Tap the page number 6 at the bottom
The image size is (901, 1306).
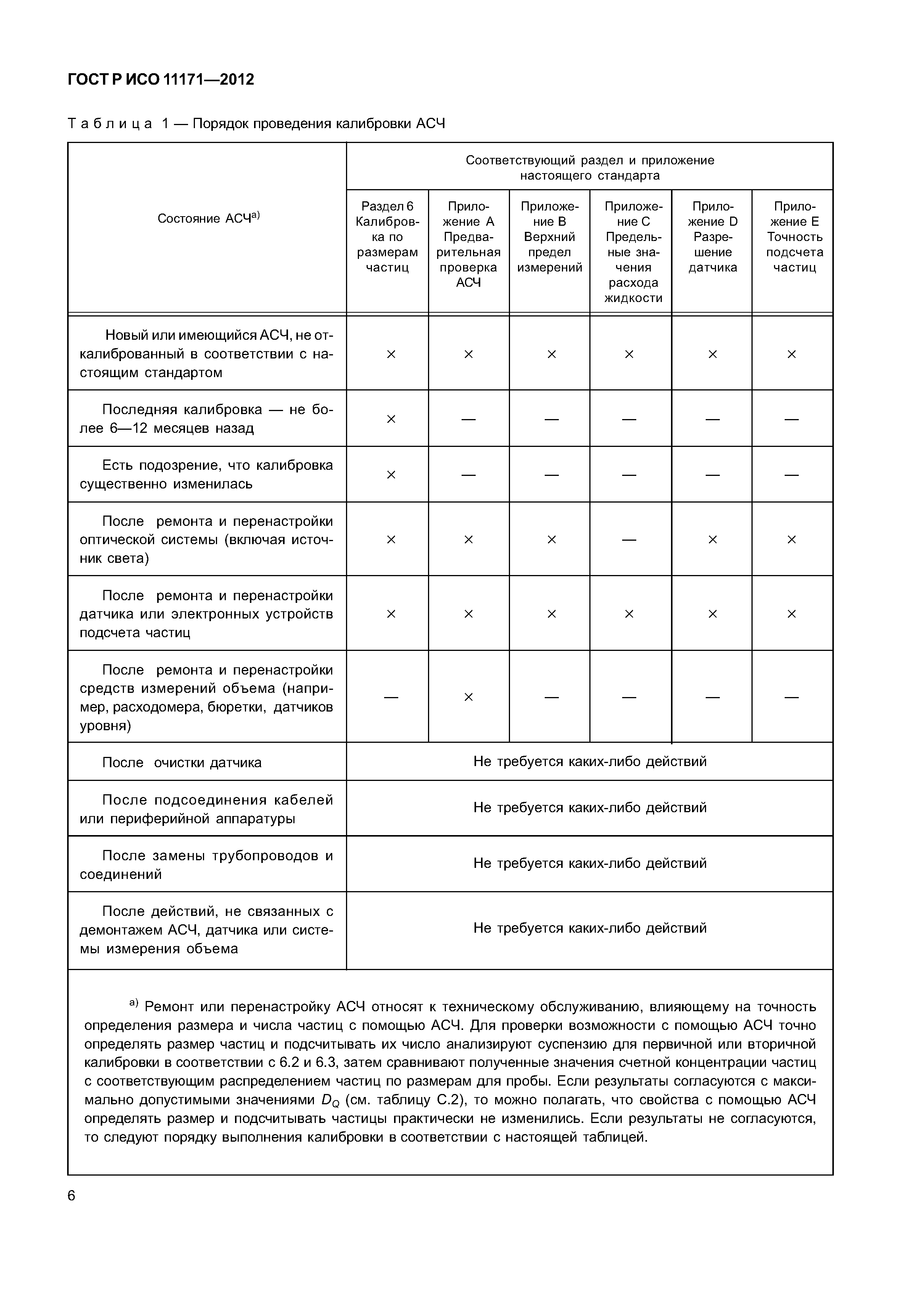pyautogui.click(x=71, y=1195)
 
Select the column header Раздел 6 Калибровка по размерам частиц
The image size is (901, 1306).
pyautogui.click(x=387, y=237)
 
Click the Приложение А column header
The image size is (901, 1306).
pyautogui.click(x=468, y=244)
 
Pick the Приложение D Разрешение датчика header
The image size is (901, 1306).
pyautogui.click(x=713, y=237)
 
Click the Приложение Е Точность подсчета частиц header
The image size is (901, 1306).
pyautogui.click(x=794, y=237)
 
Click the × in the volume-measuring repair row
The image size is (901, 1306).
pyautogui.click(x=468, y=697)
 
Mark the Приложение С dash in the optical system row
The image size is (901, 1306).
pyautogui.click(x=629, y=540)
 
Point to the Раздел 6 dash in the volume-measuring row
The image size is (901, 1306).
pyautogui.click(x=391, y=697)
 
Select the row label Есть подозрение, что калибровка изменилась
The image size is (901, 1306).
pyautogui.click(x=206, y=475)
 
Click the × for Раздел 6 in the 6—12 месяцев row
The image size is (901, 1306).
pyautogui.click(x=391, y=419)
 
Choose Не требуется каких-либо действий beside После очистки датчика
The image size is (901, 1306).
pyautogui.click(x=590, y=761)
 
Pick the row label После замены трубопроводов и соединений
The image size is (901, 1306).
pyautogui.click(x=206, y=865)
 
